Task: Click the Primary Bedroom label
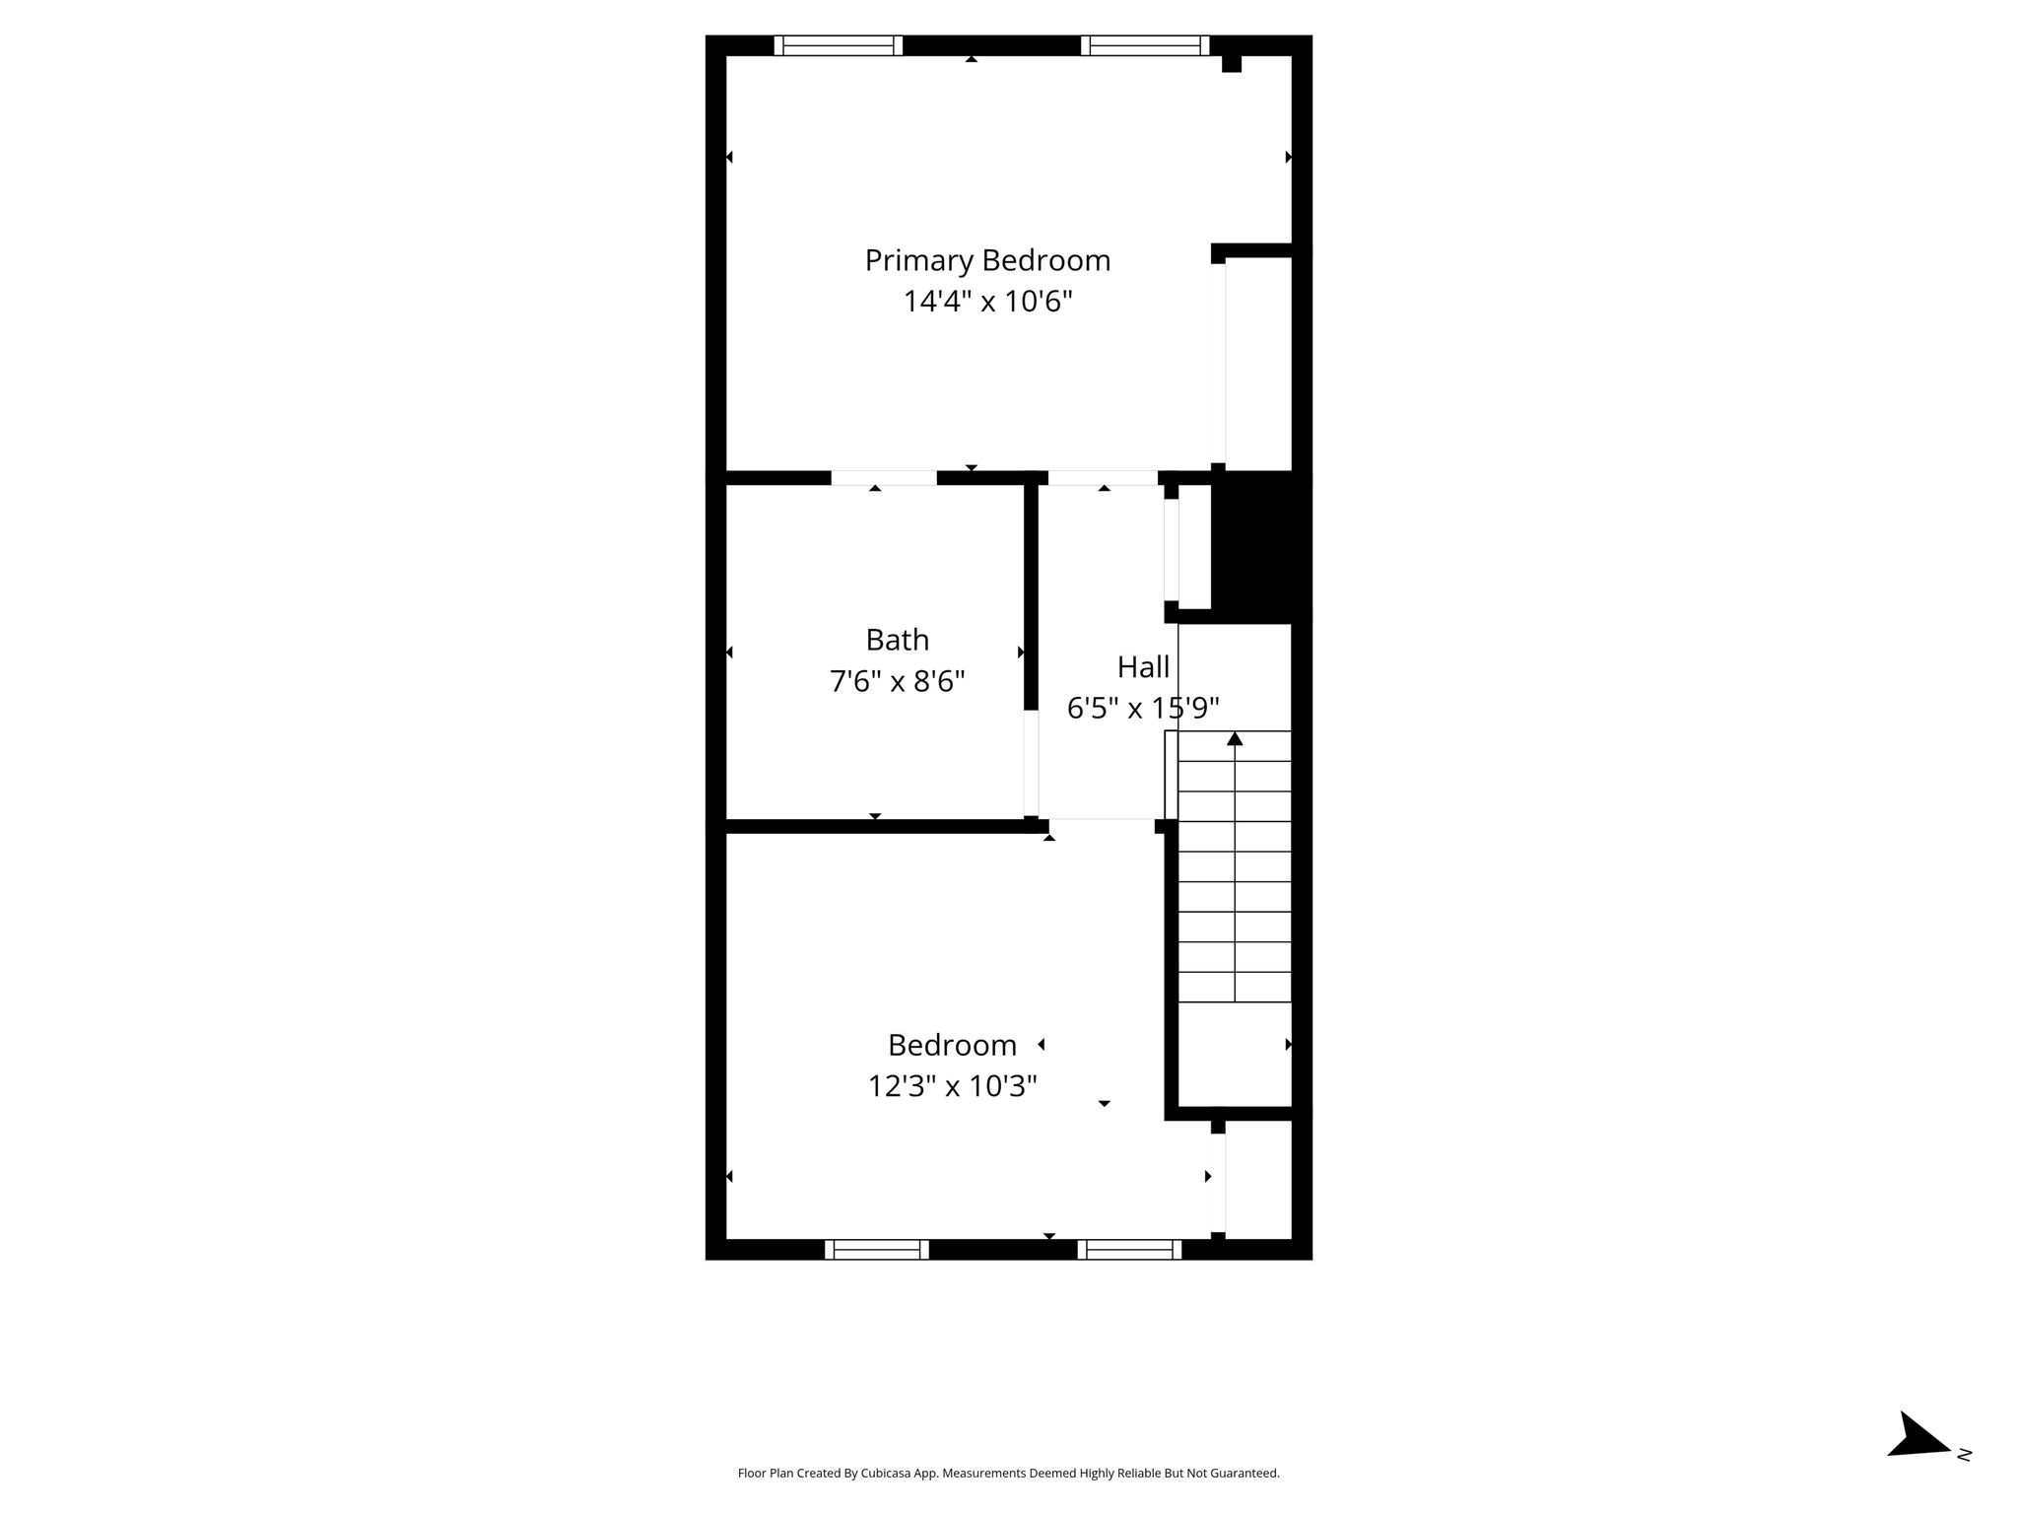[987, 260]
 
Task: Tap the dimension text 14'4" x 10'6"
[987, 301]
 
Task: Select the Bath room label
[897, 640]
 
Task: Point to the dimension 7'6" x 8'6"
[897, 681]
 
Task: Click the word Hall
[1143, 667]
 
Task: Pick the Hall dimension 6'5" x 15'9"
[1143, 708]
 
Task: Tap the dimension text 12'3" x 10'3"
[952, 1086]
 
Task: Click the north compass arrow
[1919, 1463]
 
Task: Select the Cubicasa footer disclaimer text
[1008, 1474]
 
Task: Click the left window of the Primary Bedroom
[839, 45]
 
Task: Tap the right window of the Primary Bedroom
[1145, 45]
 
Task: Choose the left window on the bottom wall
[877, 1250]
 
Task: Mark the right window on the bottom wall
[1129, 1250]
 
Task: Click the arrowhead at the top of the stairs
[1235, 738]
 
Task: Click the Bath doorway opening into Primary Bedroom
[884, 478]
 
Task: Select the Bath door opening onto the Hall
[1031, 764]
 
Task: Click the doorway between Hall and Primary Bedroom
[1103, 478]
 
